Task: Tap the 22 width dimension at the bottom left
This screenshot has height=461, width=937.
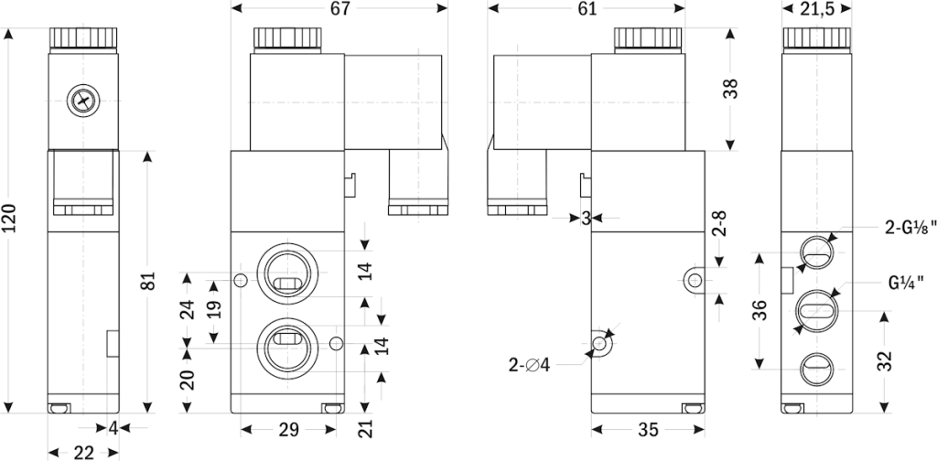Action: pos(83,451)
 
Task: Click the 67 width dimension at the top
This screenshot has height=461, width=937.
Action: pos(340,9)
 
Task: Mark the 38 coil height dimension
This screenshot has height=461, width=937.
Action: pos(729,89)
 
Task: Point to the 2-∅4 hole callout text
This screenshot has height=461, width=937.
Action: pos(530,366)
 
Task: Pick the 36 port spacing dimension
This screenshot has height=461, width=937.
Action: pos(759,311)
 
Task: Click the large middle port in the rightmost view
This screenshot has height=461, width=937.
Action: pos(814,309)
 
